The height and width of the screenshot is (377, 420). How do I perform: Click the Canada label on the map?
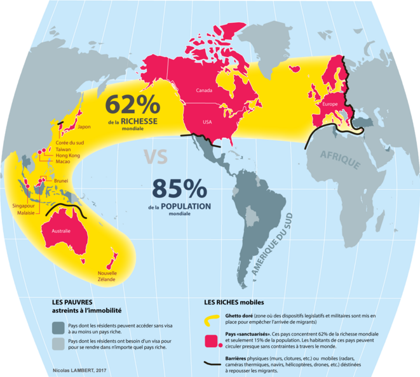pos(204,90)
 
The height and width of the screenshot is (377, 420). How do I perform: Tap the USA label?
pos(208,122)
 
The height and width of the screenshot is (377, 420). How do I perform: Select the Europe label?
pos(330,103)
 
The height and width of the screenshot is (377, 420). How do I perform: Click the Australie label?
pos(61,232)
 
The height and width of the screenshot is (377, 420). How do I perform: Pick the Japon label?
pos(85,126)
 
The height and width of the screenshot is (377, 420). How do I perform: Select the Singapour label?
pos(24,206)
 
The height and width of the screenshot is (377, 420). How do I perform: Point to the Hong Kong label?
pos(67,155)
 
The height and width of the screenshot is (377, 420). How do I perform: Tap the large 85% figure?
pos(179,189)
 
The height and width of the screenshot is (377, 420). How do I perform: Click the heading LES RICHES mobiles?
pos(233,302)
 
